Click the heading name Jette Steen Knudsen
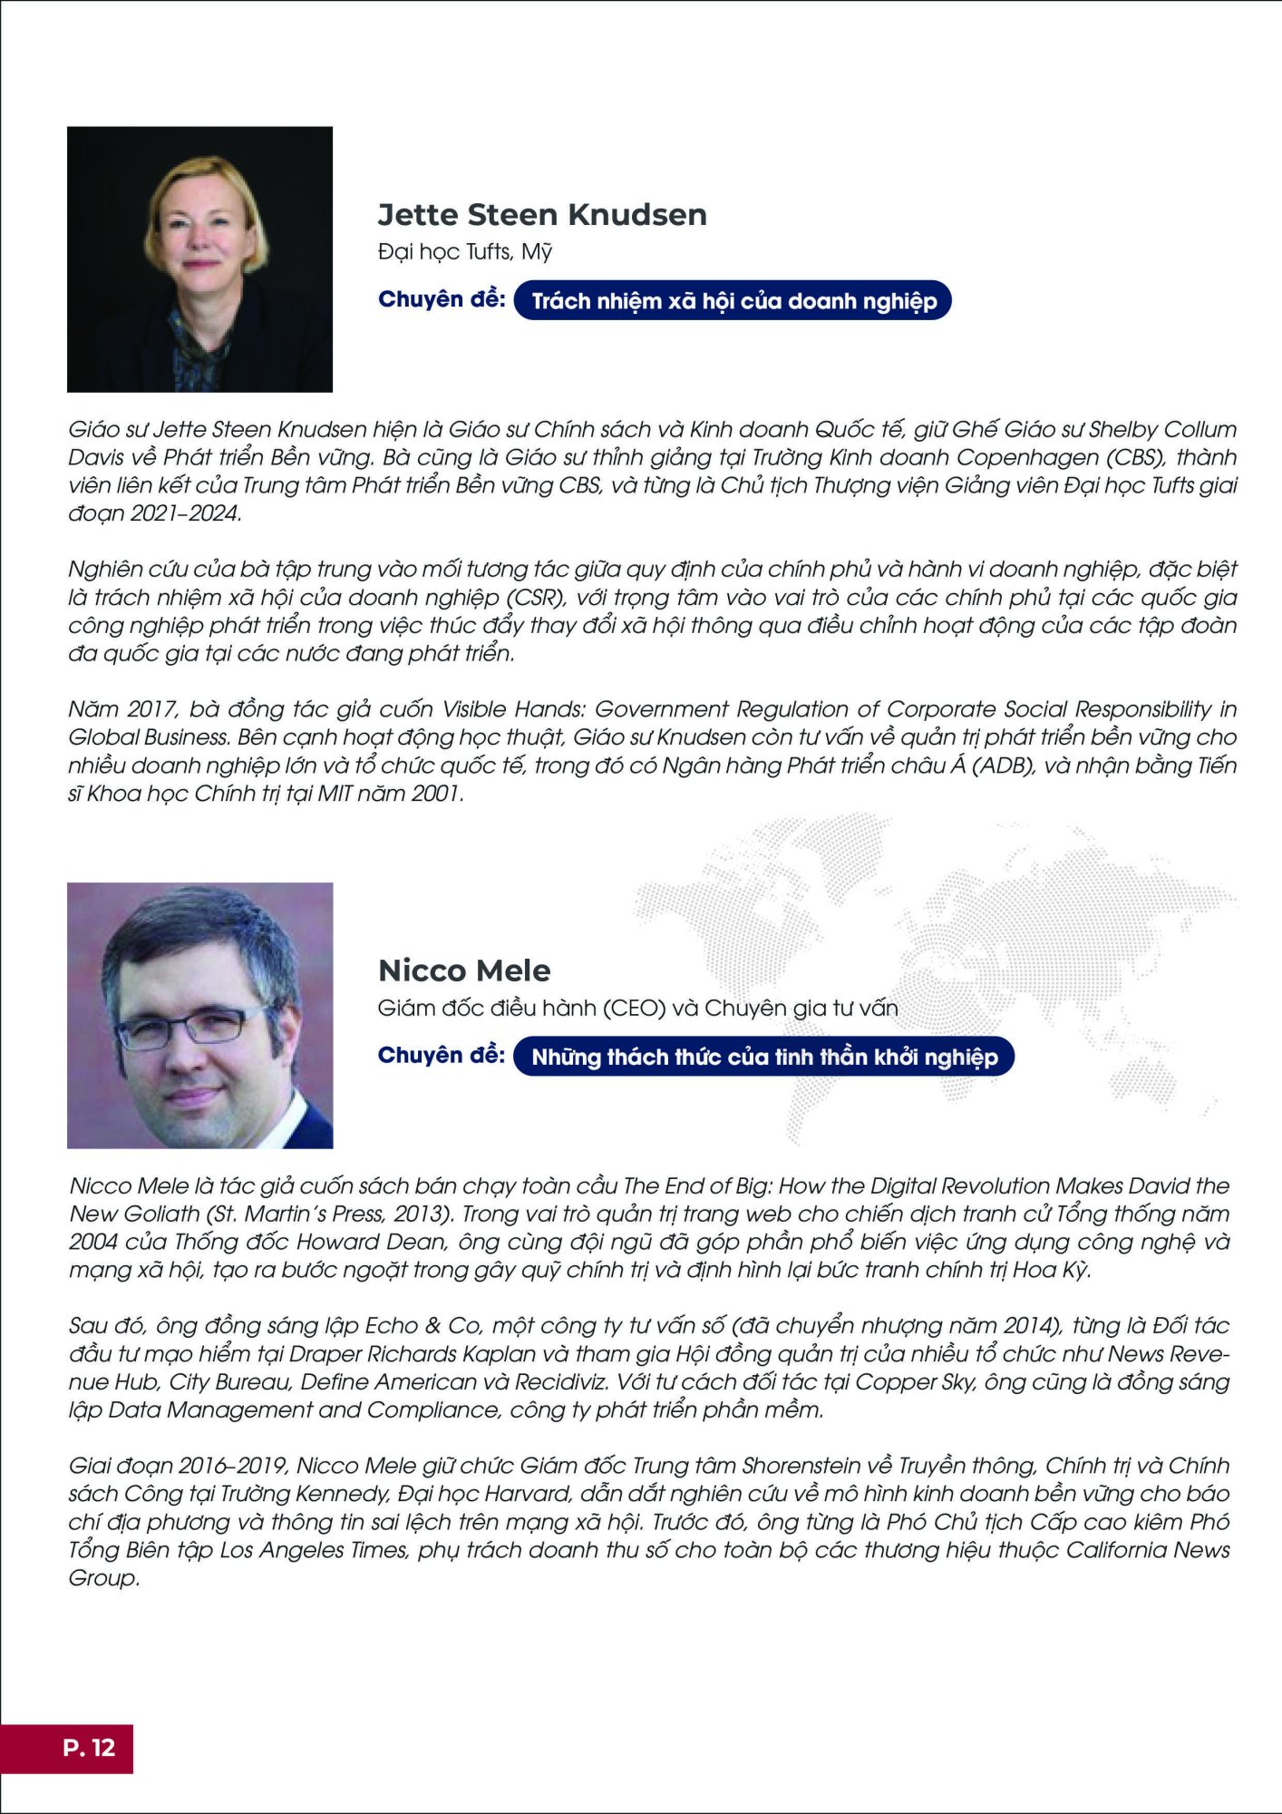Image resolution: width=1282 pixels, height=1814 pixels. [542, 215]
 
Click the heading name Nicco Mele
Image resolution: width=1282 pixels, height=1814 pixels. [464, 970]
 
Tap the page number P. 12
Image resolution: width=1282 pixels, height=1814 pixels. [89, 1748]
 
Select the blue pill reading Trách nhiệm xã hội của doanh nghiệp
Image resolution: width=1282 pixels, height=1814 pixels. [733, 301]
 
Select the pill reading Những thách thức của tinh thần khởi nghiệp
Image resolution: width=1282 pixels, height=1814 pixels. [763, 1057]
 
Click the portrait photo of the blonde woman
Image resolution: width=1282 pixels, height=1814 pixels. [199, 259]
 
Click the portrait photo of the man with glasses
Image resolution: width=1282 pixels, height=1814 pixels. [199, 1016]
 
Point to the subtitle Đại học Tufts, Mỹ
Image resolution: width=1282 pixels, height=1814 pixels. [465, 252]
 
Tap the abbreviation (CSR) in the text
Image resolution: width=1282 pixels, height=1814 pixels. [533, 598]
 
